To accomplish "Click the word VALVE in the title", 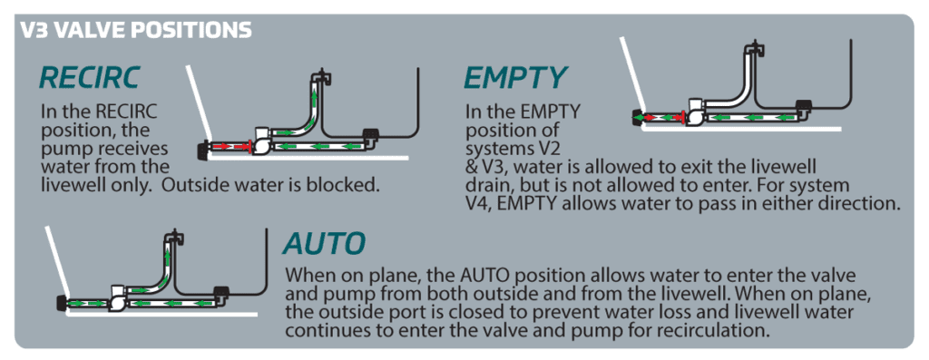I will (95, 29).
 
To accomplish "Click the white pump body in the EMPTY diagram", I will (694, 113).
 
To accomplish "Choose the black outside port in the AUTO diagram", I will (62, 302).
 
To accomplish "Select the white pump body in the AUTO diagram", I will (119, 297).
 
